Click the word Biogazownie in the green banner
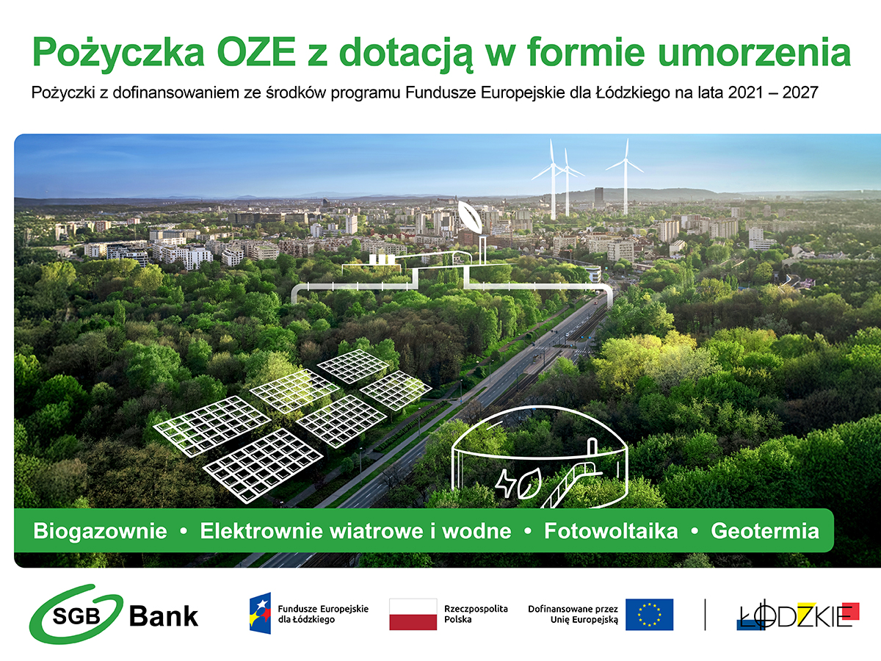pyautogui.click(x=100, y=531)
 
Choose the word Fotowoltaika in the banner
pyautogui.click(x=611, y=531)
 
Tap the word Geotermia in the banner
pyautogui.click(x=765, y=531)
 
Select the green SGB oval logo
pyautogui.click(x=76, y=613)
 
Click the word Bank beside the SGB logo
pyautogui.click(x=164, y=616)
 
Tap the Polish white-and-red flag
pyautogui.click(x=413, y=614)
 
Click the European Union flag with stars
pyautogui.click(x=649, y=615)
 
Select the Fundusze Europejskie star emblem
pyautogui.click(x=260, y=613)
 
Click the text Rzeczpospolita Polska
pyautogui.click(x=476, y=614)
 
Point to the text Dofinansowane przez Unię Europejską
pyautogui.click(x=573, y=614)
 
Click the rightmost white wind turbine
pyautogui.click(x=626, y=176)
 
